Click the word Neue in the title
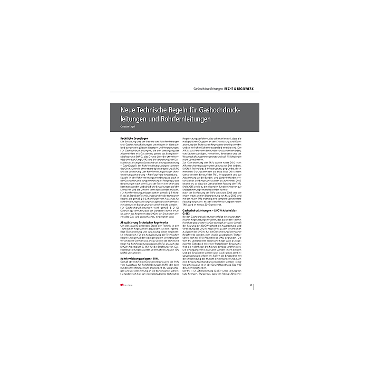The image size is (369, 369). click(x=129, y=109)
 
